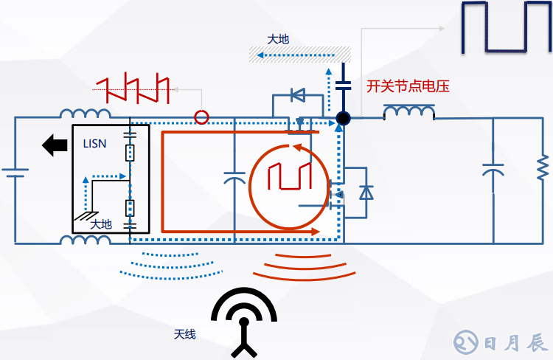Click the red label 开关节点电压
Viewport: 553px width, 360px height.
pos(408,86)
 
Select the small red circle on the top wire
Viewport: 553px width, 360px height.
pos(201,117)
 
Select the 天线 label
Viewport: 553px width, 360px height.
pos(185,334)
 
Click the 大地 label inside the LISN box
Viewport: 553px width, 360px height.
pos(101,224)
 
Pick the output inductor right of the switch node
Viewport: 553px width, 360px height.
pos(408,113)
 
